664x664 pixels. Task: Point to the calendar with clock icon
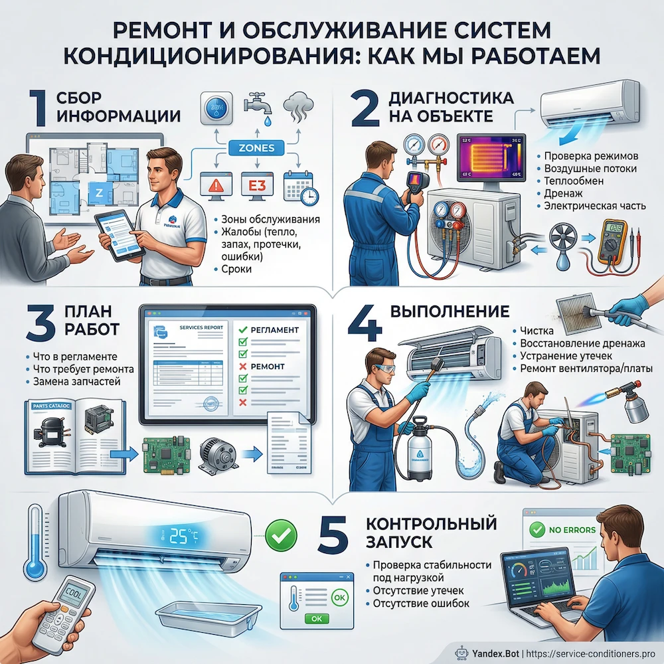click(298, 187)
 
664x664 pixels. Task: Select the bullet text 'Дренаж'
click(564, 193)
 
